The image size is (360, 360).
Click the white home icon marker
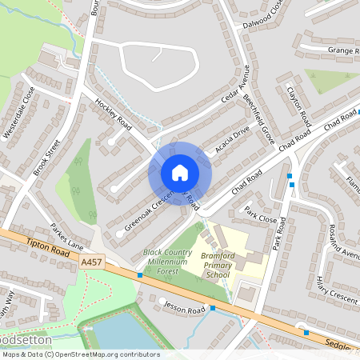[x=180, y=173]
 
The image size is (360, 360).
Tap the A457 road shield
[x=92, y=262]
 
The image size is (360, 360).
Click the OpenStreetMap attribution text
[x=80, y=354]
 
